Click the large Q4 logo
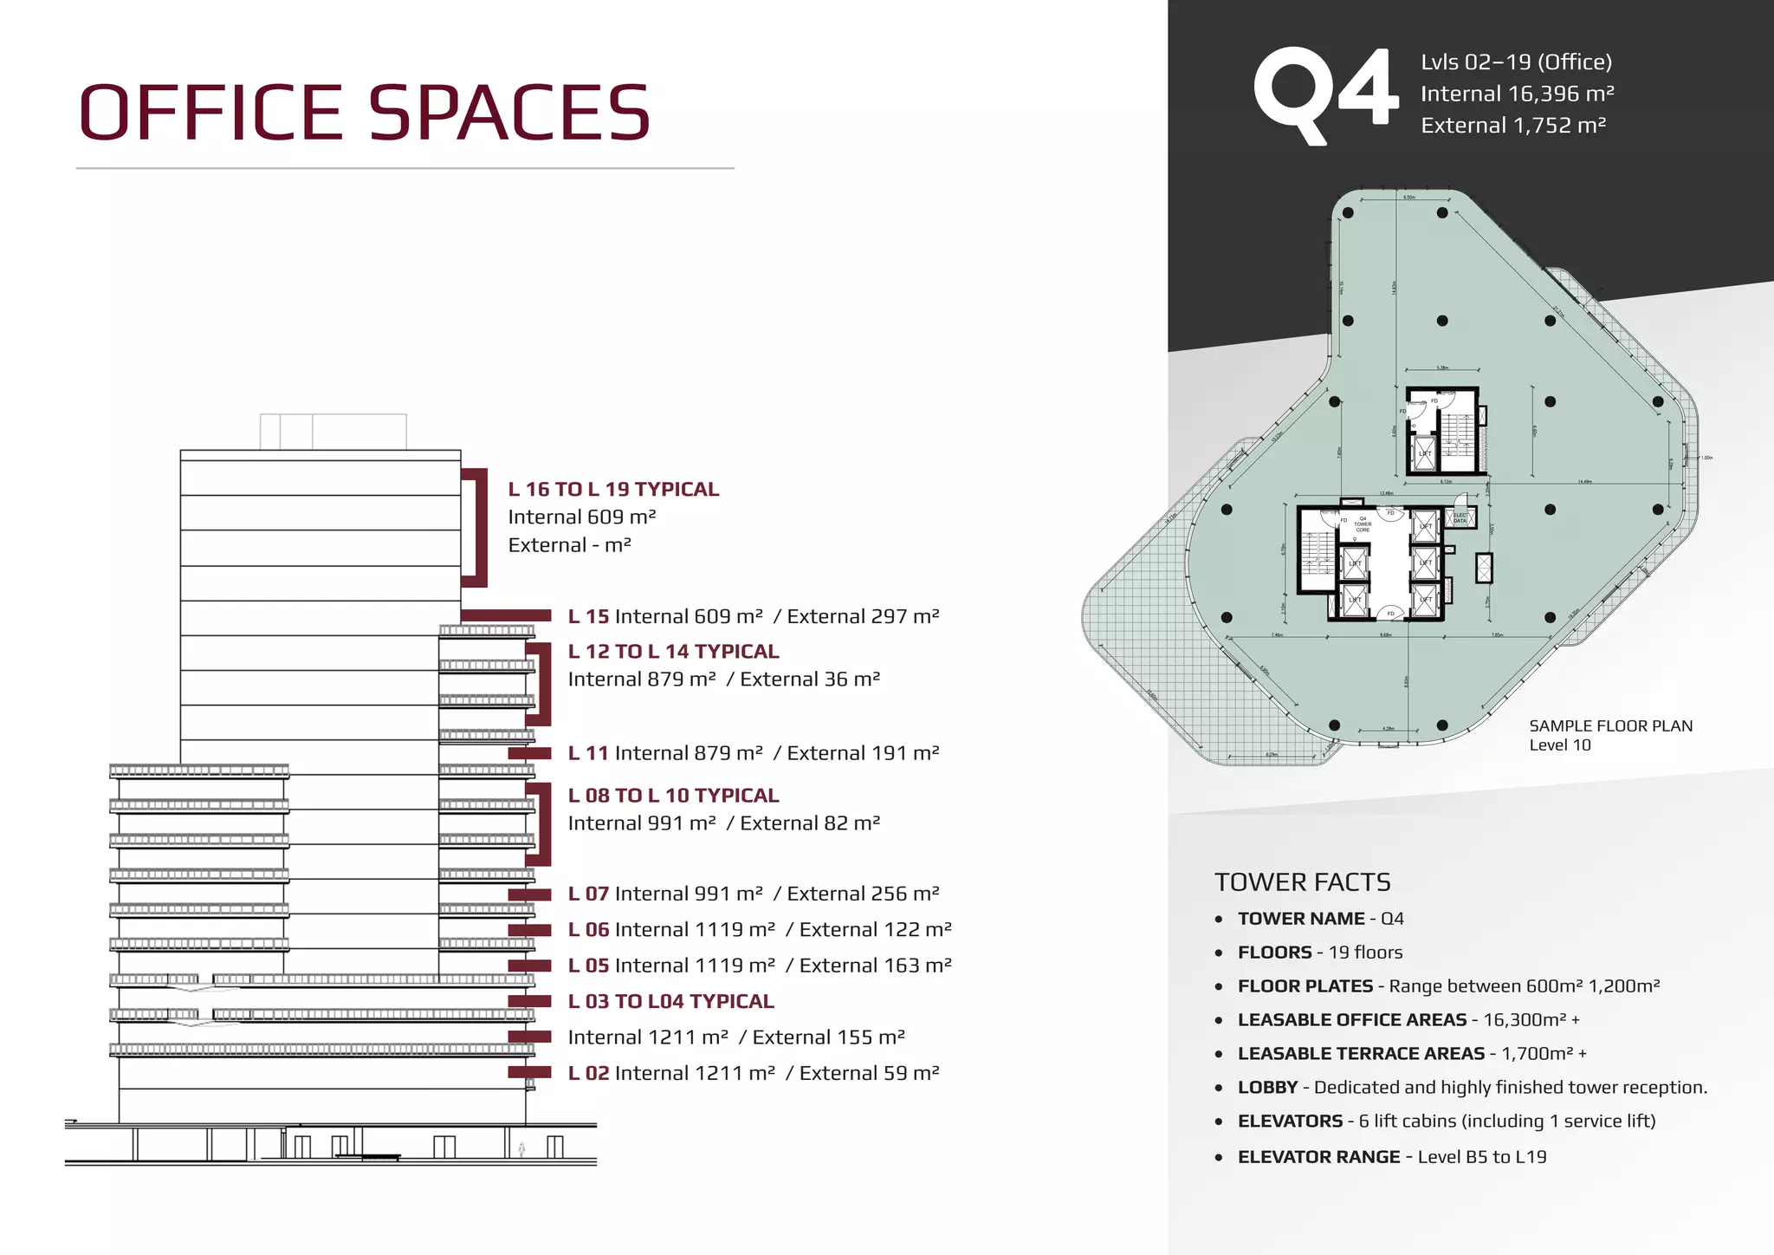[1324, 94]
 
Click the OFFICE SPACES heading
[364, 113]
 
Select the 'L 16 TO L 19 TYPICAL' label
[613, 490]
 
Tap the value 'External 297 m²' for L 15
[863, 616]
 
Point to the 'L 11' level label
[588, 753]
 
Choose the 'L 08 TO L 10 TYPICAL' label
[673, 796]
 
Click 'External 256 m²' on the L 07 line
[863, 894]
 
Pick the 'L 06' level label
[588, 930]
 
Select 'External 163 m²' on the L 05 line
[875, 966]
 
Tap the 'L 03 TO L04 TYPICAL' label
[670, 1002]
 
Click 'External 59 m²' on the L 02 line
[869, 1073]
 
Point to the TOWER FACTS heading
[1302, 882]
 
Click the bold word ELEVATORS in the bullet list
[1290, 1122]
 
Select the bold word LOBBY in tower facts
[1267, 1088]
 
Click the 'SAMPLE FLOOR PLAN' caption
[1610, 726]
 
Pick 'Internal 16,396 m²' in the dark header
[1517, 94]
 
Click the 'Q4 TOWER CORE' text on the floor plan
[1363, 524]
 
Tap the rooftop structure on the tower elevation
[333, 431]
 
